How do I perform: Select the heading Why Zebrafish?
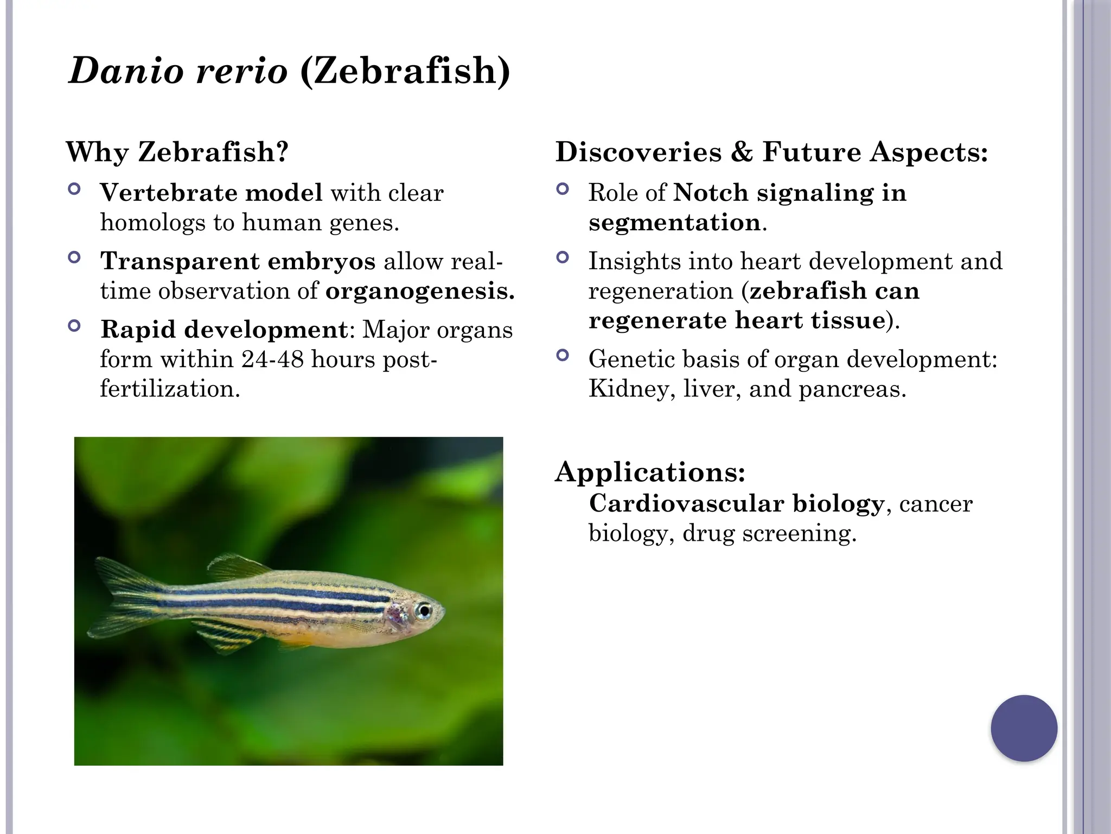point(177,151)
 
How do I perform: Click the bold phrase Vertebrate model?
point(211,193)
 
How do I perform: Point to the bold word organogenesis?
point(419,291)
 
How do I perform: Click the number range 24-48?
point(272,359)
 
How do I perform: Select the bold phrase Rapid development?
point(224,330)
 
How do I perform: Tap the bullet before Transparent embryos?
point(75,257)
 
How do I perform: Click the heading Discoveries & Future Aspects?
point(771,151)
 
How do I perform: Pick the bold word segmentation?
point(674,223)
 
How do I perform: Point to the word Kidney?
point(628,389)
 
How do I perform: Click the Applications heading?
point(650,471)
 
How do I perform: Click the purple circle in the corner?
point(1024,728)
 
